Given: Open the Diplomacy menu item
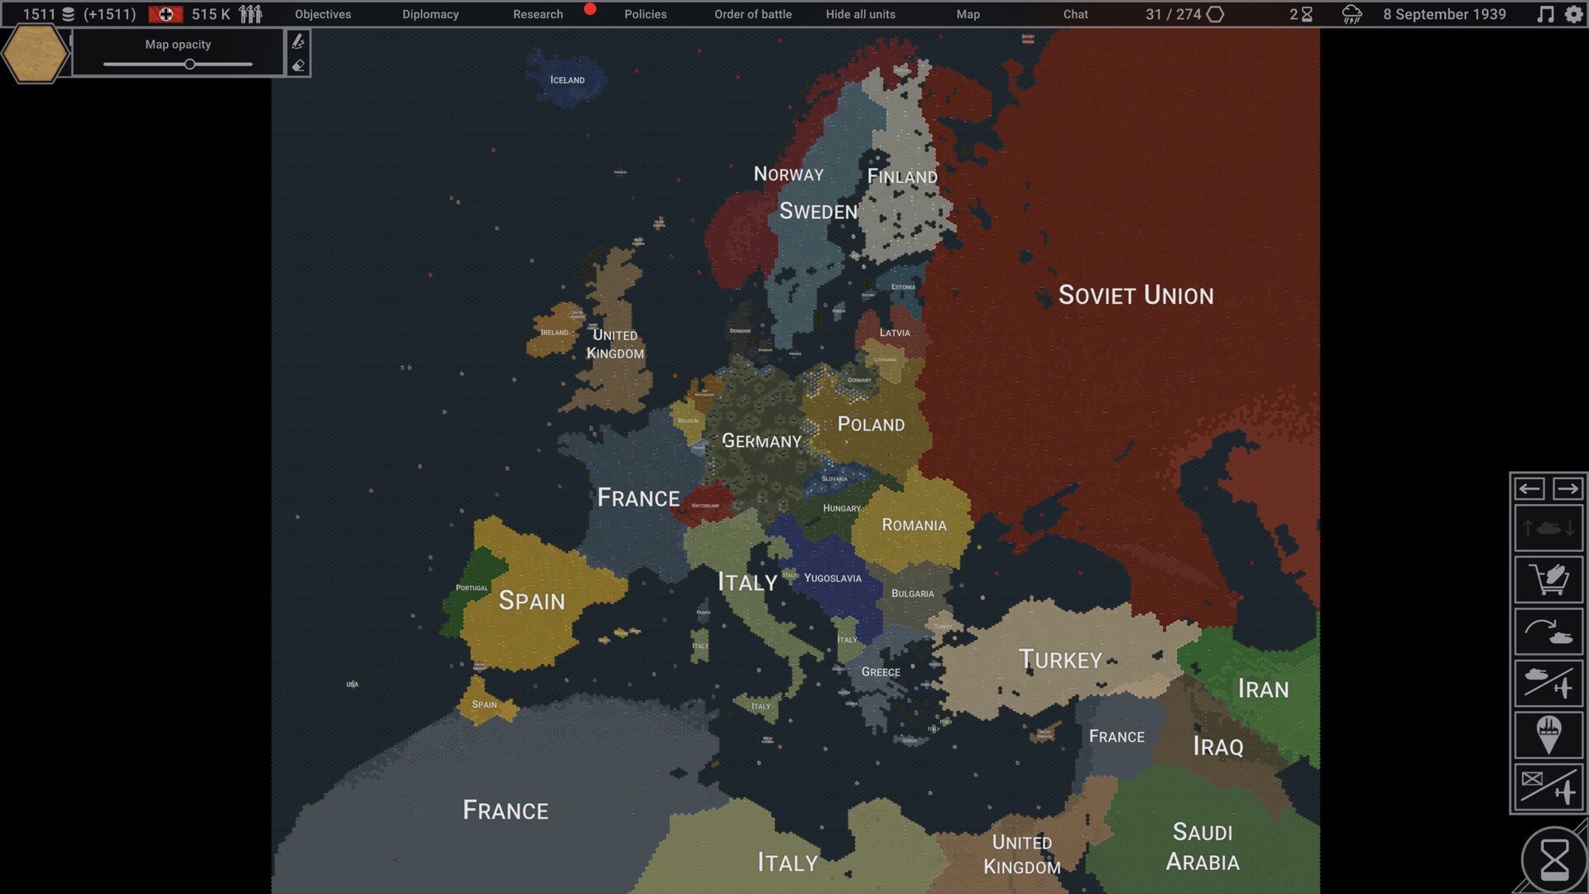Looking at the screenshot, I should coord(430,14).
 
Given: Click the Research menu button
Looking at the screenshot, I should coord(538,14).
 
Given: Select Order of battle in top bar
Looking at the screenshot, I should coord(752,14).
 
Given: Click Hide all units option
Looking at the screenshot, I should coord(860,14).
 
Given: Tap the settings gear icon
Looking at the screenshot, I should coord(1573,14).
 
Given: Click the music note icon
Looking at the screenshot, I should coord(1545,14).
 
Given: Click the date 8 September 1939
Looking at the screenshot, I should coord(1444,14).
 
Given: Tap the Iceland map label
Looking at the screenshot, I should coord(567,80).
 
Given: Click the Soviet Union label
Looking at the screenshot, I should coord(1135,296).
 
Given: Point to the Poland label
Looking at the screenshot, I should coord(871,425).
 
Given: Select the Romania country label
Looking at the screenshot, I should coord(914,526).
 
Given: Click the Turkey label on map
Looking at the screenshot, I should coord(1060,660).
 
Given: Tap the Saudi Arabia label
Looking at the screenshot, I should coord(1203,847).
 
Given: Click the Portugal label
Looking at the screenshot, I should coord(472,589).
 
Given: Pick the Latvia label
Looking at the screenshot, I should coord(895,333).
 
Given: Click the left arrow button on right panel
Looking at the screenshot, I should coord(1529,489).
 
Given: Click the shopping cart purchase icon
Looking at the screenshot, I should coord(1548,579).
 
